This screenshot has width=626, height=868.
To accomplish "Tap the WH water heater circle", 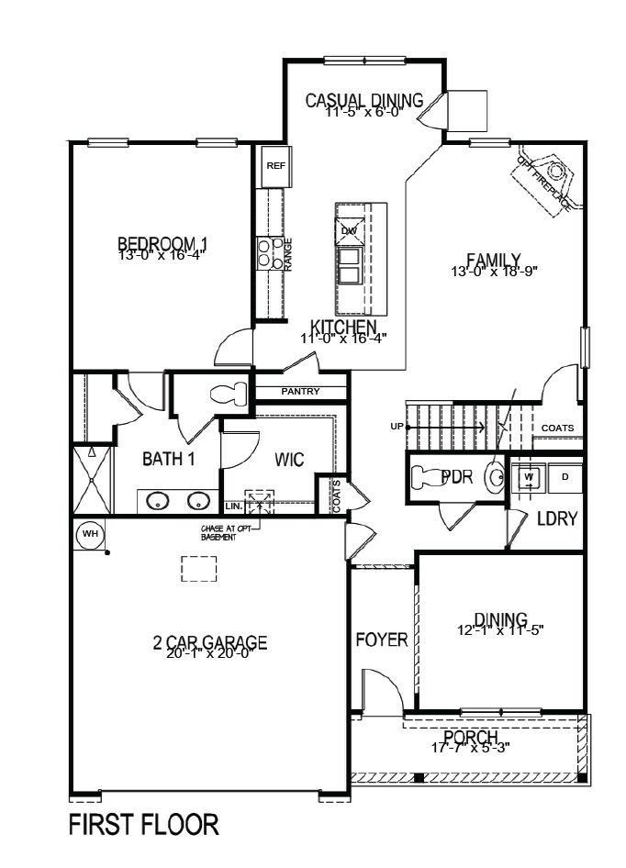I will click(x=90, y=533).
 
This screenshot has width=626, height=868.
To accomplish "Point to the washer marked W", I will click(x=530, y=477).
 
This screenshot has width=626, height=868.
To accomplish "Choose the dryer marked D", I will click(x=565, y=477).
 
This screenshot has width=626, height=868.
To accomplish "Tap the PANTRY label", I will click(x=301, y=392).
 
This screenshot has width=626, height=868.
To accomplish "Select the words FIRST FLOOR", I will click(x=144, y=825).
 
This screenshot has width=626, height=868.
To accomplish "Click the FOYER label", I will click(x=382, y=640).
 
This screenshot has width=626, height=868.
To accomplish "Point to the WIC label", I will click(x=290, y=459).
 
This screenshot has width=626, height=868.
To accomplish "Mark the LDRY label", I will click(x=557, y=519).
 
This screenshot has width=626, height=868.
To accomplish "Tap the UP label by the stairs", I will click(x=397, y=427).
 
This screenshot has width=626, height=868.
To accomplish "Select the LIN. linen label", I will click(x=233, y=506).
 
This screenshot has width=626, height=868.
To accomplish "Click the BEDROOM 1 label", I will click(x=162, y=243).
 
